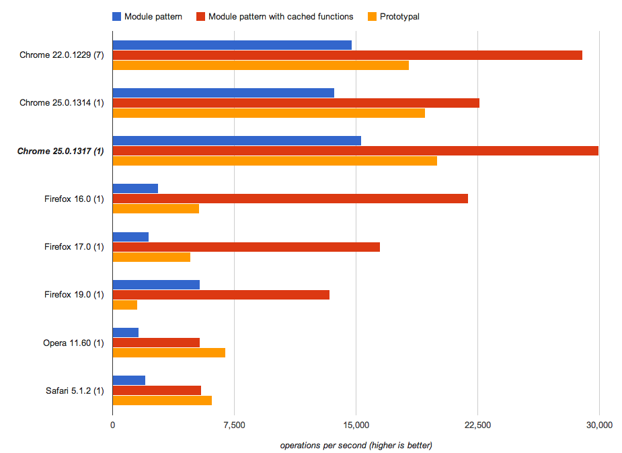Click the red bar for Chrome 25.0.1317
click(355, 151)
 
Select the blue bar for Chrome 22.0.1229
click(232, 45)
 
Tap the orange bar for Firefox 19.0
click(125, 305)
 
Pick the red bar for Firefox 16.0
click(290, 199)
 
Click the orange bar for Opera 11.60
click(169, 353)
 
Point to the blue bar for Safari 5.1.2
click(129, 380)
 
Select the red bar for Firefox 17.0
click(246, 247)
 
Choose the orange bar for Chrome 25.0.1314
click(268, 113)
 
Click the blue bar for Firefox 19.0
click(156, 284)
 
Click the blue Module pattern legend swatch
click(117, 16)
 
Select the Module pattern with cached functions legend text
click(280, 16)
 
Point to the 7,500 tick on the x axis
click(234, 425)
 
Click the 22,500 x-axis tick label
click(477, 425)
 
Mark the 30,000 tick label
click(599, 425)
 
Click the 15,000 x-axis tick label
click(356, 425)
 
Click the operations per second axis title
click(356, 445)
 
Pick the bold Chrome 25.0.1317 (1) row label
click(61, 151)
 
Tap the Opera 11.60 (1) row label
click(73, 343)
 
